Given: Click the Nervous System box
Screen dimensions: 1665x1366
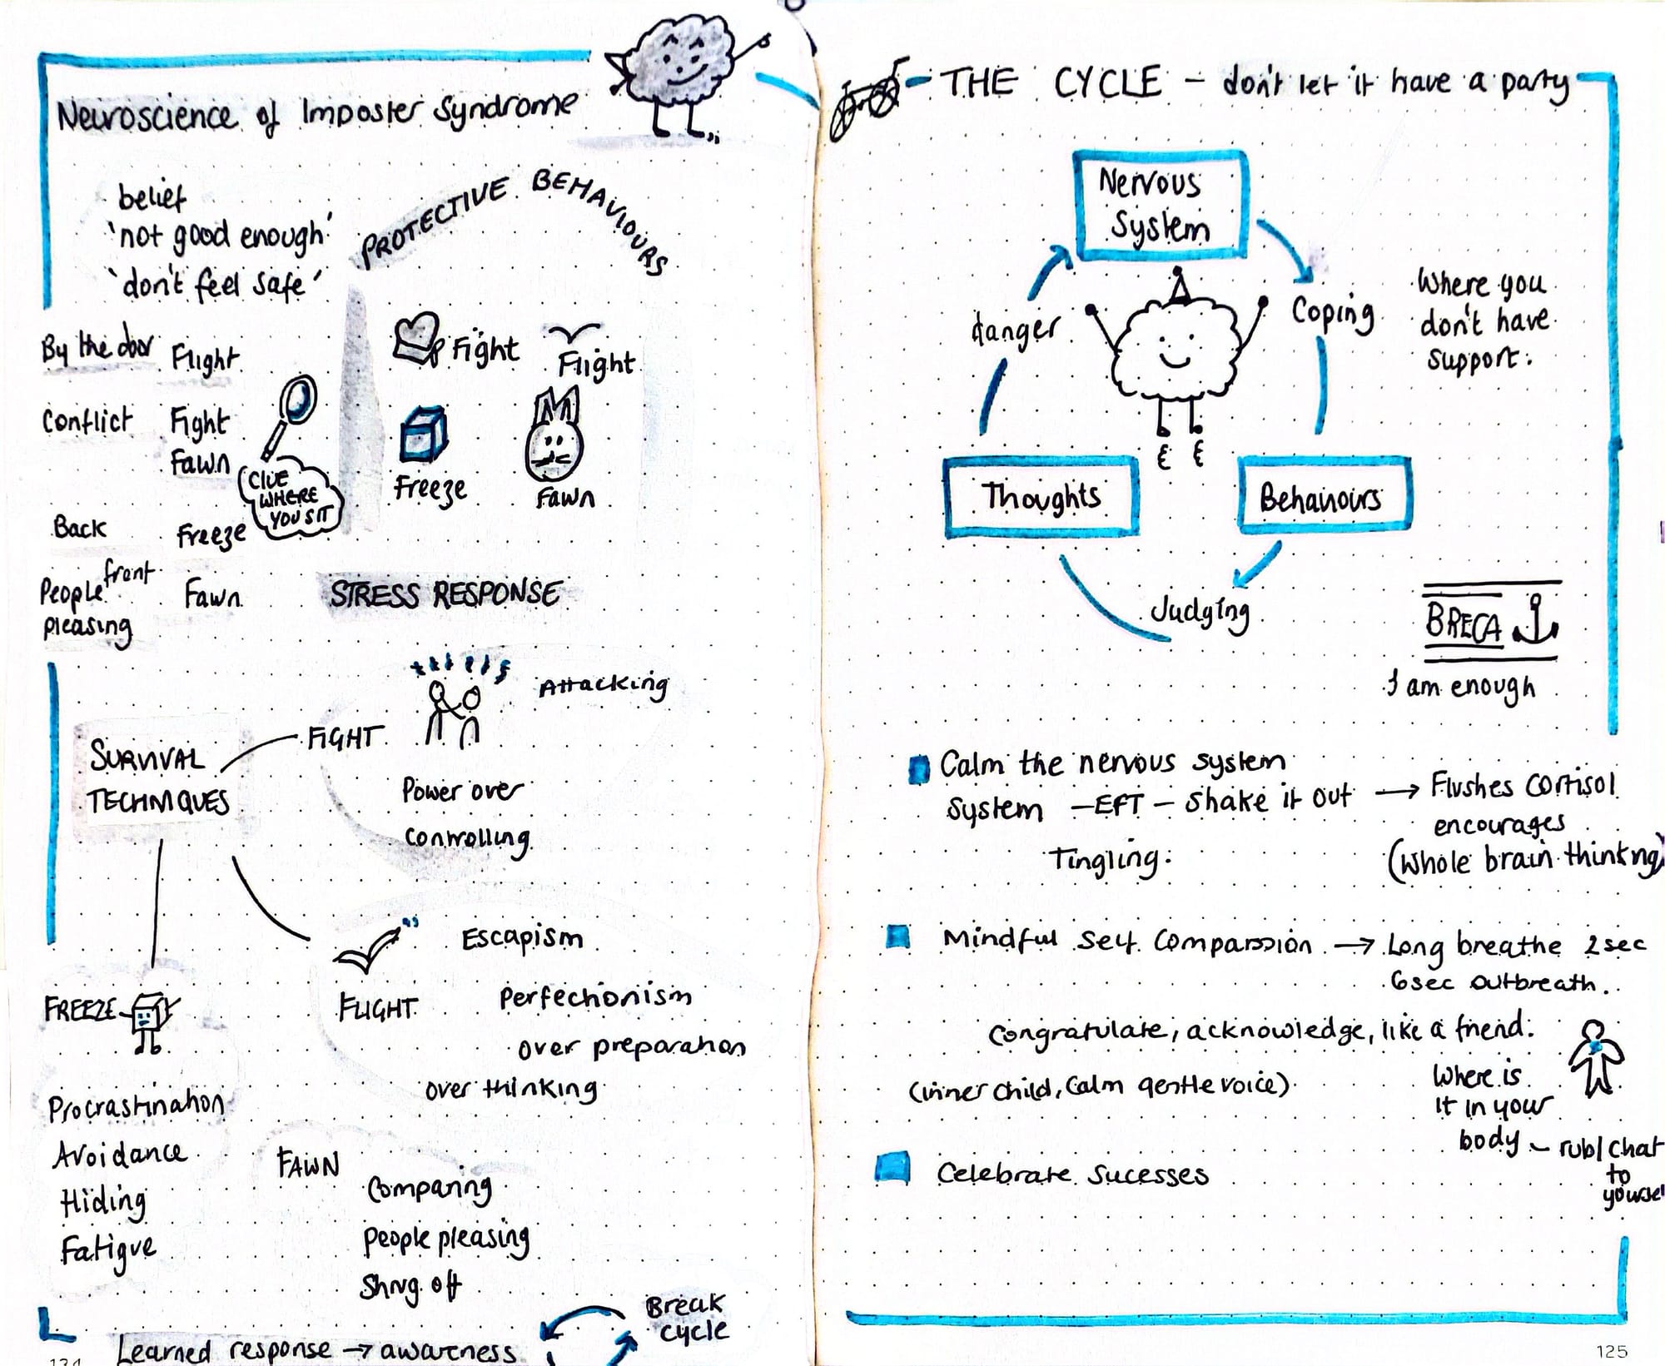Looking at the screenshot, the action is [1160, 206].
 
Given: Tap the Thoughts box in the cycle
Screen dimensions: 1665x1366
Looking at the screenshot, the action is [1041, 497].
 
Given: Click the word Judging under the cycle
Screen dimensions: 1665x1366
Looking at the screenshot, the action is [1200, 613].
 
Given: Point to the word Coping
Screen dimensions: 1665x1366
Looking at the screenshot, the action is [1332, 314].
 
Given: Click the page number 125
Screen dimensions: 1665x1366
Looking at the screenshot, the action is [1612, 1350].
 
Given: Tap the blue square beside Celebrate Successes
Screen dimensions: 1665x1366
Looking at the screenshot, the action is [892, 1169].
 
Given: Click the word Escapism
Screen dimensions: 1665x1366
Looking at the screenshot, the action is [522, 938].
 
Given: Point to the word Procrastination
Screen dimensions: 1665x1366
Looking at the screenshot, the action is [136, 1105].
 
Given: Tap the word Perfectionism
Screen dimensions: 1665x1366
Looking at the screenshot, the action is [594, 996].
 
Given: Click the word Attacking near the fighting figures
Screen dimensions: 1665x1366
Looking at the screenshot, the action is [603, 686].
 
